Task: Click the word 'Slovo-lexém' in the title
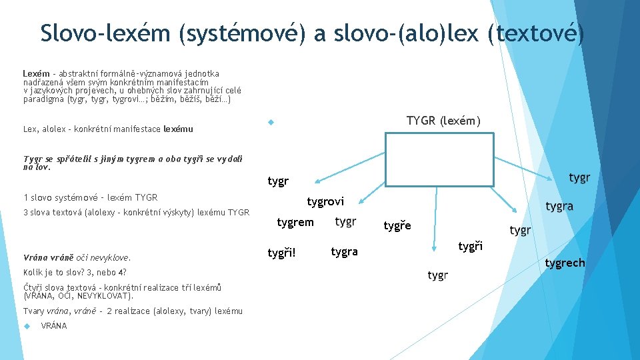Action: point(105,33)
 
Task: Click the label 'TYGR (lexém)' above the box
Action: point(443,121)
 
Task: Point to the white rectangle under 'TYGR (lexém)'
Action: point(440,159)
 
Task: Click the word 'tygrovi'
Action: point(325,201)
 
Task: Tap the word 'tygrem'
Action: point(295,223)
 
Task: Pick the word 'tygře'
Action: point(397,226)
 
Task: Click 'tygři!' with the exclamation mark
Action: point(281,253)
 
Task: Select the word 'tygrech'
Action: point(565,263)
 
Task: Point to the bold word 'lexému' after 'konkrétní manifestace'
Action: point(178,129)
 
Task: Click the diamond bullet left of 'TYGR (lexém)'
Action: point(271,123)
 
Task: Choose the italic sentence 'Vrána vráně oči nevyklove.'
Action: point(77,257)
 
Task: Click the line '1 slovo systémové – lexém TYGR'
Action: point(90,197)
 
